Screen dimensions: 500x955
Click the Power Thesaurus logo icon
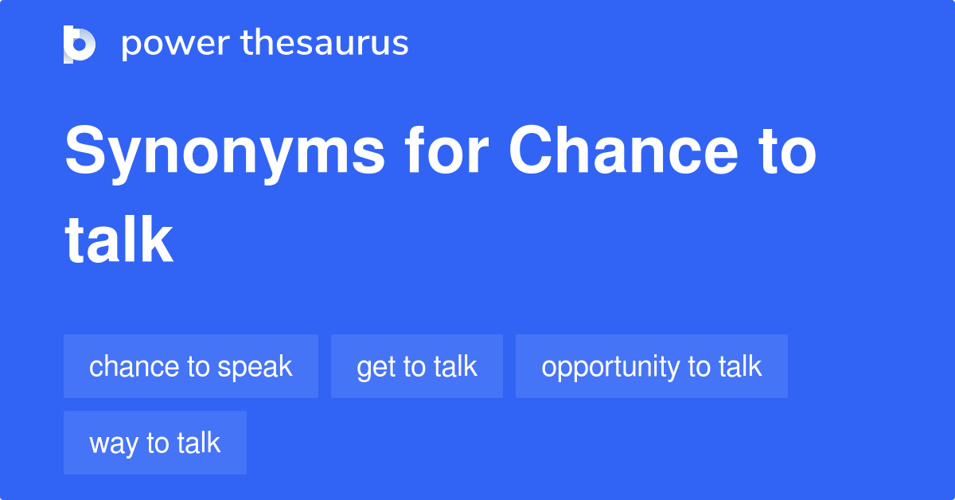tap(80, 44)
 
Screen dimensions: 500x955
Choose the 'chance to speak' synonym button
tap(191, 366)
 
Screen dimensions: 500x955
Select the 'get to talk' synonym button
tap(417, 366)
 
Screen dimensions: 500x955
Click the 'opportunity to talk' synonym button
tap(652, 366)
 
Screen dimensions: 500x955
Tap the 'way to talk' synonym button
tap(155, 443)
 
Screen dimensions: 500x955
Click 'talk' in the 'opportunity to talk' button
tap(740, 366)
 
